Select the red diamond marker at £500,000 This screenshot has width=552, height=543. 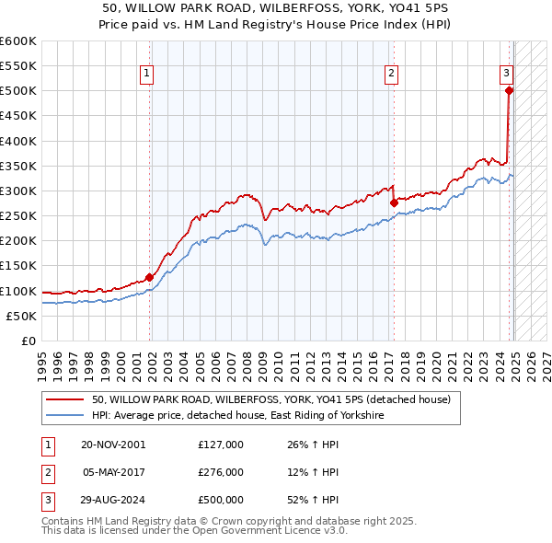click(x=509, y=90)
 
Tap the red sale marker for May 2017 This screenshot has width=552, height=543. click(x=394, y=202)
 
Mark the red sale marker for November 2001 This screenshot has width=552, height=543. click(x=149, y=277)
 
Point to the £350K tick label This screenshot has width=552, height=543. click(x=18, y=167)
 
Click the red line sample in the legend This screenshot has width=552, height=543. click(x=63, y=399)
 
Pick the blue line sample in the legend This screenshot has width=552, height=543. click(x=63, y=416)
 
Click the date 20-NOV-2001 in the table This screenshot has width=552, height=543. click(x=113, y=444)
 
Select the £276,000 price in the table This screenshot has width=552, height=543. click(x=221, y=472)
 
